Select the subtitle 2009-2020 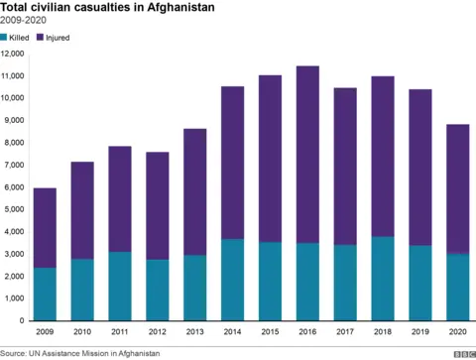[x=24, y=21]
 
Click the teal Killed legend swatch [x=5, y=37]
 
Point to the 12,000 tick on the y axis [x=13, y=54]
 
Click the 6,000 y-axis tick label [x=15, y=186]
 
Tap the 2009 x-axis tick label [x=44, y=331]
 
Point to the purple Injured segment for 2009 [x=44, y=227]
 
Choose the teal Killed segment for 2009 [x=44, y=294]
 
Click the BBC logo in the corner [x=463, y=352]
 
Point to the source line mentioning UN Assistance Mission [x=80, y=352]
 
